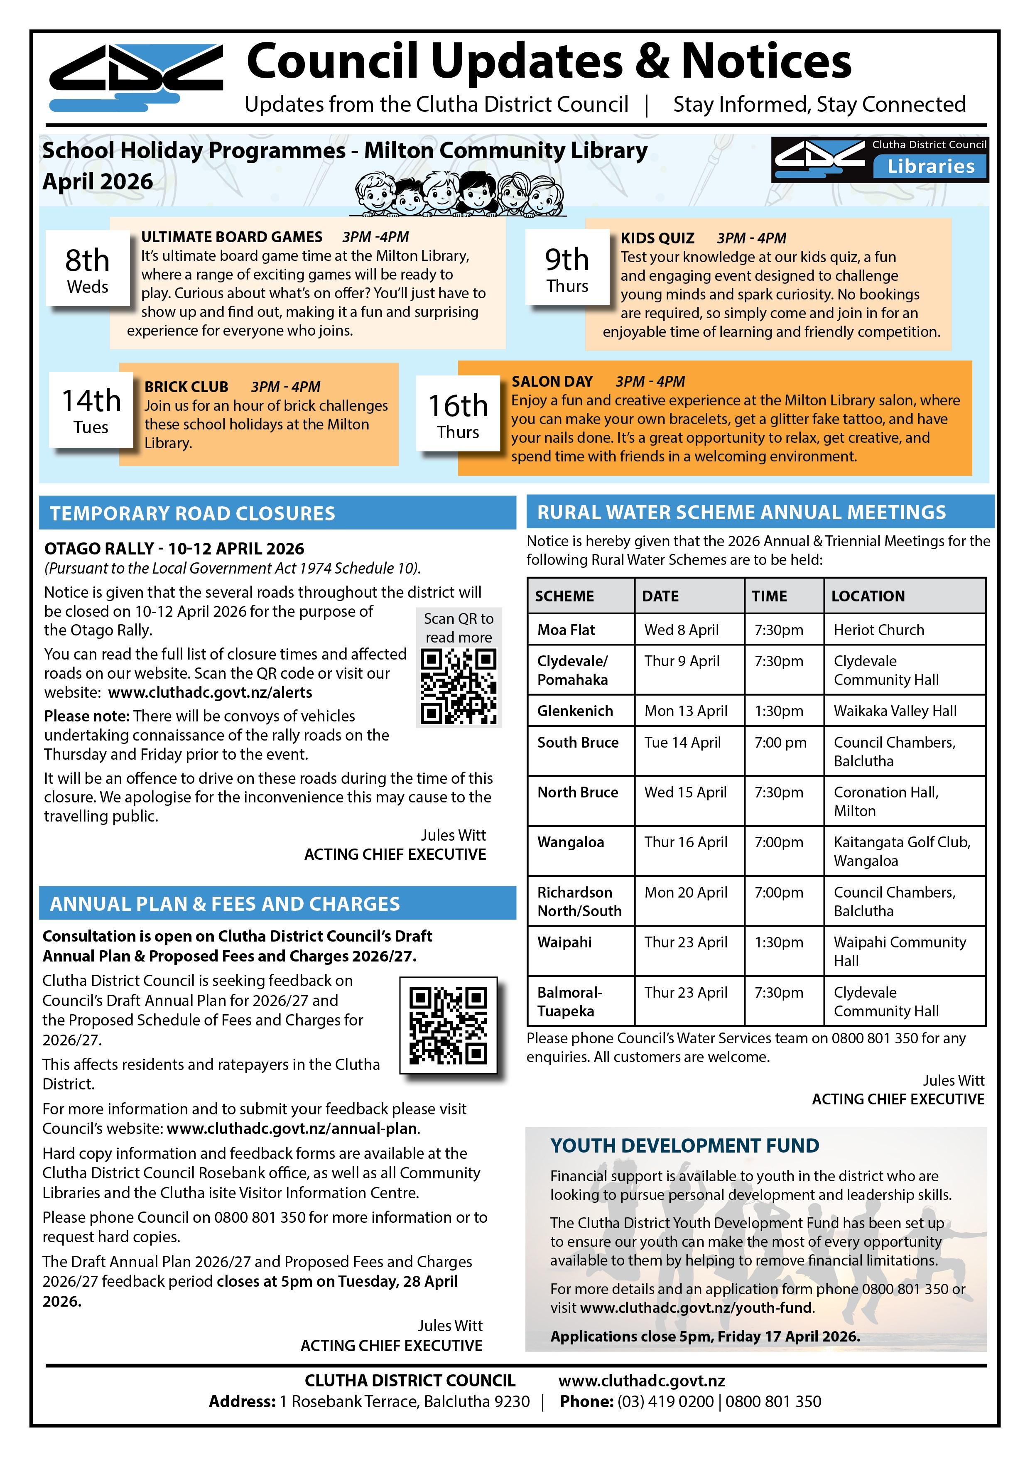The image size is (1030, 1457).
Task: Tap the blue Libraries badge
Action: tap(930, 166)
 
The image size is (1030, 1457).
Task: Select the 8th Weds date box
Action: tap(88, 270)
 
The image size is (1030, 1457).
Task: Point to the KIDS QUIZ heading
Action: tap(657, 238)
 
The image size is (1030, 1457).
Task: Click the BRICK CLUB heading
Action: tap(186, 386)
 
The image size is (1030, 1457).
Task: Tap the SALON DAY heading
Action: tap(552, 381)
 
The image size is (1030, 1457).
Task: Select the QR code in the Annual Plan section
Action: tap(448, 1025)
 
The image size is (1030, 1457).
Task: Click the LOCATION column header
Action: tap(868, 596)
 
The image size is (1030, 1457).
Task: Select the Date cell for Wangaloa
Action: tap(685, 842)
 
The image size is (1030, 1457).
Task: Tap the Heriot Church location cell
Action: tap(878, 630)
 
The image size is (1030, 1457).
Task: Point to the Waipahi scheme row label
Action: tap(564, 942)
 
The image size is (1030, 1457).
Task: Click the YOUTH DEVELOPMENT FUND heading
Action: tap(684, 1145)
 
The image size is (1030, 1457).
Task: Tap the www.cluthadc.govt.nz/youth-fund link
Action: tap(696, 1308)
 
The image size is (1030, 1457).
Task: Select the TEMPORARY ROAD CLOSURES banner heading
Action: tap(192, 513)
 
